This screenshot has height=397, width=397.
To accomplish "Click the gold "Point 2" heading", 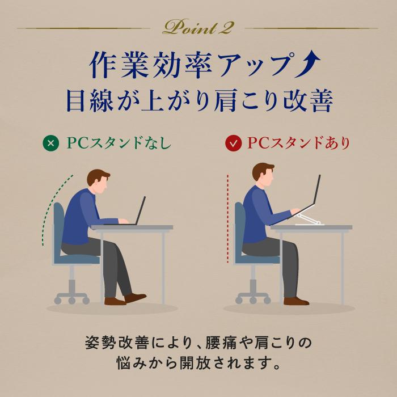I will coord(198,26).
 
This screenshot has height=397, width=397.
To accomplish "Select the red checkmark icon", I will coord(233,143).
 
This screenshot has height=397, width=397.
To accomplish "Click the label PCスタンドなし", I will coord(119,143).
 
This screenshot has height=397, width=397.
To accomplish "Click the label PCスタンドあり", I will coord(298,143).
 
